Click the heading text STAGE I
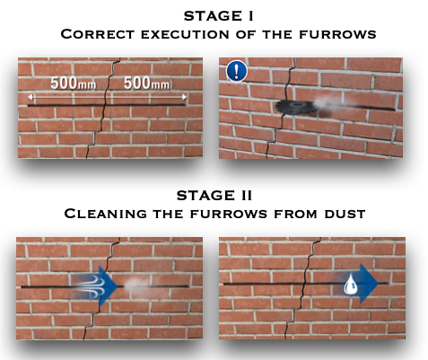[219, 16]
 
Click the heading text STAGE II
[214, 196]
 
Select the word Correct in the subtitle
[97, 34]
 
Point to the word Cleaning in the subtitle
[106, 214]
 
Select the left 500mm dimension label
[74, 83]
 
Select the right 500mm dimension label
[146, 83]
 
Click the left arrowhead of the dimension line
[30, 97]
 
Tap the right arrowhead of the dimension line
[185, 97]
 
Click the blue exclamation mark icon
[237, 71]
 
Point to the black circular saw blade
[294, 106]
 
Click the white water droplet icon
[351, 284]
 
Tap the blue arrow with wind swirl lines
[94, 285]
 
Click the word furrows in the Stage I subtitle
[337, 34]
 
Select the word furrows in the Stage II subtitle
[229, 214]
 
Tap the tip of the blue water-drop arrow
[379, 283]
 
